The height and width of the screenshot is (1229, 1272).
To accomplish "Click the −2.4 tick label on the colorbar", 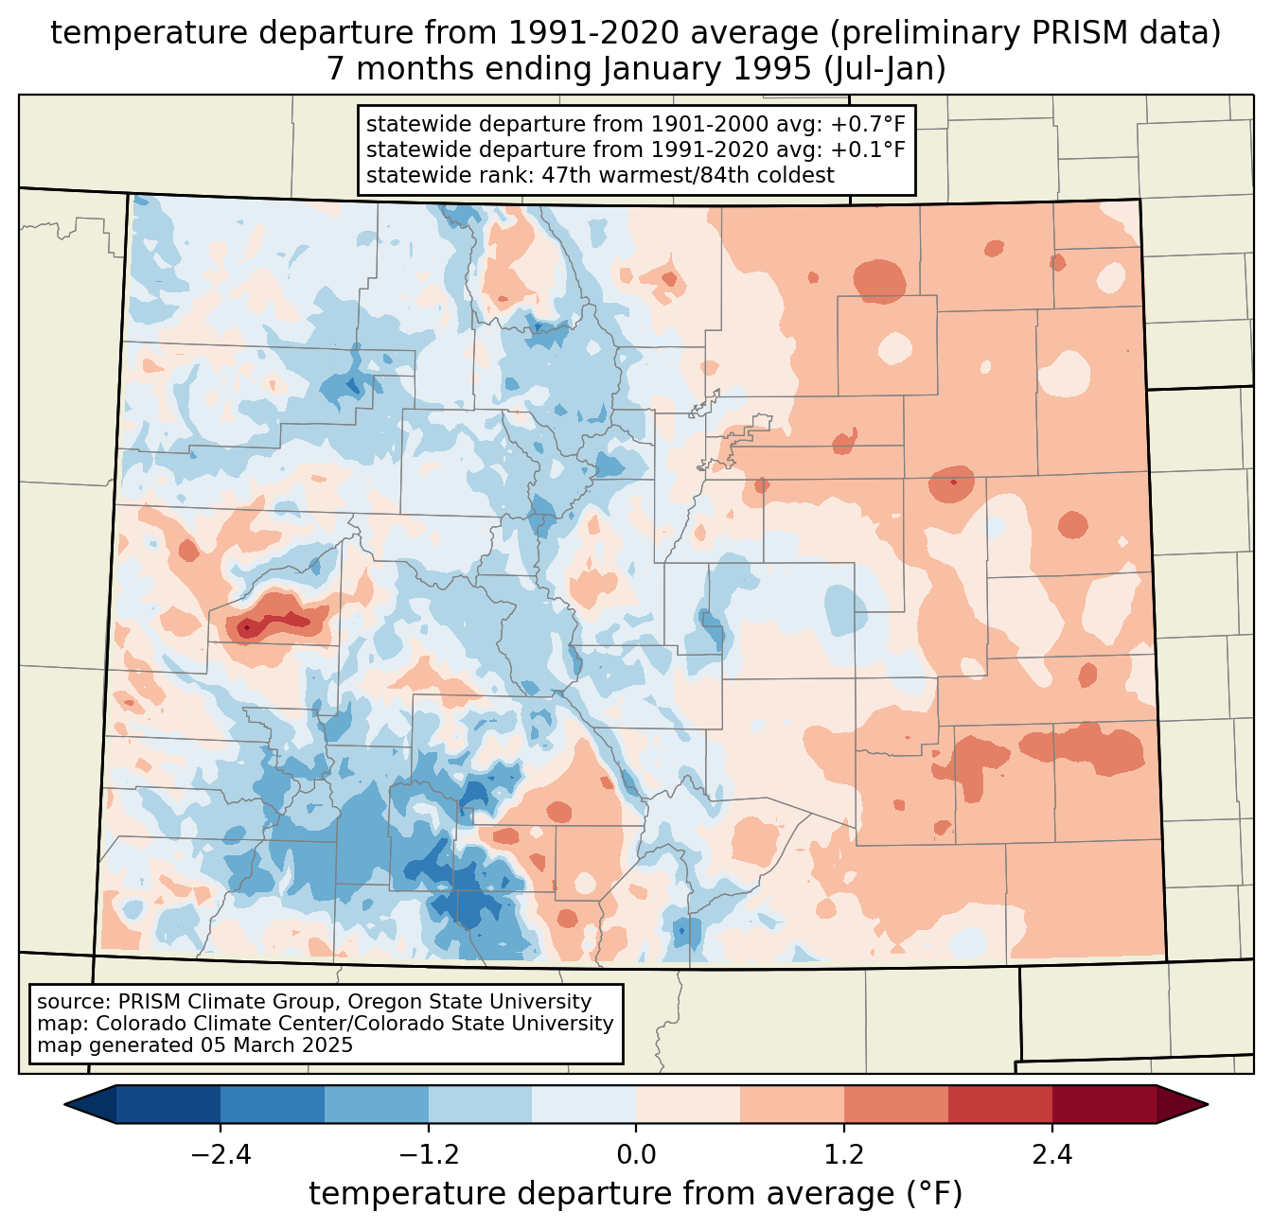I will [221, 1155].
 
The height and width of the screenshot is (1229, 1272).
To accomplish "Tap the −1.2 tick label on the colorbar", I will [428, 1155].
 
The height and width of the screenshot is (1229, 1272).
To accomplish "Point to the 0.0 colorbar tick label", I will [636, 1155].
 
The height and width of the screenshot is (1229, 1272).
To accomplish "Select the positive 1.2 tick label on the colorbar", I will [844, 1155].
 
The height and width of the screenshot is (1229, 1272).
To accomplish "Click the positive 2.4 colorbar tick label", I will [1052, 1155].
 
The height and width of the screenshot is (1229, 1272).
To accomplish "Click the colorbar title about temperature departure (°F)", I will [636, 1194].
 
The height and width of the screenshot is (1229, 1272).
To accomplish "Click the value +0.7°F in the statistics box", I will [868, 125].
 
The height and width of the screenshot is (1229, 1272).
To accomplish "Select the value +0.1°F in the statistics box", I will [868, 149].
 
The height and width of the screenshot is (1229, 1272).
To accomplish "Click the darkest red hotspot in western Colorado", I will [247, 626].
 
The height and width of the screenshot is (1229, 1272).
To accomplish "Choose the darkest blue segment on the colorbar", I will [168, 1104].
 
